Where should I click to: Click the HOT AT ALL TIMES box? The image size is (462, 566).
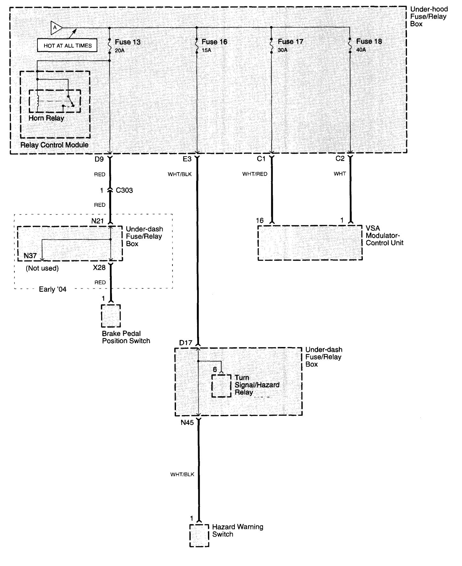click(x=68, y=46)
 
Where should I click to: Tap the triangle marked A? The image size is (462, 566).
click(x=56, y=28)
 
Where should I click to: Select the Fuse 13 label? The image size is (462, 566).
click(x=127, y=42)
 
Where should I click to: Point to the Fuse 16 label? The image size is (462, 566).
click(x=214, y=42)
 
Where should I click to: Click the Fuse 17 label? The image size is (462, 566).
click(x=290, y=42)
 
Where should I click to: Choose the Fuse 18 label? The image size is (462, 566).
click(x=369, y=41)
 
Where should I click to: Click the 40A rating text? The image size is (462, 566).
click(x=361, y=50)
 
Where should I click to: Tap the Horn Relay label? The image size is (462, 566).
click(x=46, y=118)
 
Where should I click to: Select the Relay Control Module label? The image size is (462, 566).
click(x=54, y=145)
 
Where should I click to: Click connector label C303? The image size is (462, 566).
click(x=124, y=190)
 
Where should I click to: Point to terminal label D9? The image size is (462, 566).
click(x=99, y=159)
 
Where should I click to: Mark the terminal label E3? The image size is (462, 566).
click(x=187, y=159)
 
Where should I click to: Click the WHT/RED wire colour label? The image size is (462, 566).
click(x=255, y=174)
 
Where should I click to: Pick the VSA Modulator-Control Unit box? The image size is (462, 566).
click(x=310, y=243)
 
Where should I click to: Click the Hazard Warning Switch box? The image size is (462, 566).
click(x=199, y=536)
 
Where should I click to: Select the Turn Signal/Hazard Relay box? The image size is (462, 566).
click(x=221, y=385)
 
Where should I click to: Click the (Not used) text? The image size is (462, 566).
click(x=42, y=268)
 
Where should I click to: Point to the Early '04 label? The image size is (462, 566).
click(x=52, y=289)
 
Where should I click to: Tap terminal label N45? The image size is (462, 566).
click(x=187, y=423)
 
